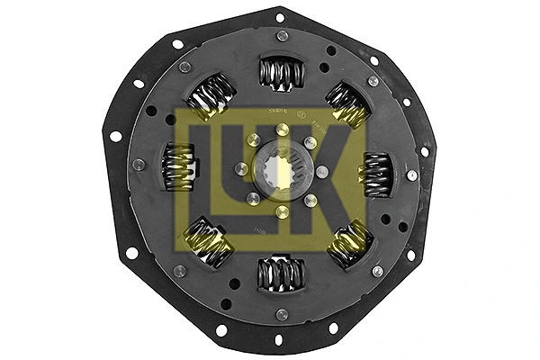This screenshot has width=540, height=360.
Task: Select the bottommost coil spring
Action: [277, 273]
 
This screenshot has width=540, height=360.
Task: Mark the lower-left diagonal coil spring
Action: [207, 241]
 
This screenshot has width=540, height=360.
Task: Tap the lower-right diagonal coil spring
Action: [346, 244]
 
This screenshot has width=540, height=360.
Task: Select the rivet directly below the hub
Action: [282, 212]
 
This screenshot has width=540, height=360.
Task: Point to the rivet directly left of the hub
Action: [240, 169]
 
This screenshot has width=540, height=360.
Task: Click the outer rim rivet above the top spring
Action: [283, 36]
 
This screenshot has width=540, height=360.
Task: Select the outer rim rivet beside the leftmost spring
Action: [139, 165]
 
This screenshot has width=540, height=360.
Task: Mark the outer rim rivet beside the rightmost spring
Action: [412, 175]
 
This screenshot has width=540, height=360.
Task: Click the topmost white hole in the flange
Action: [279, 16]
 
